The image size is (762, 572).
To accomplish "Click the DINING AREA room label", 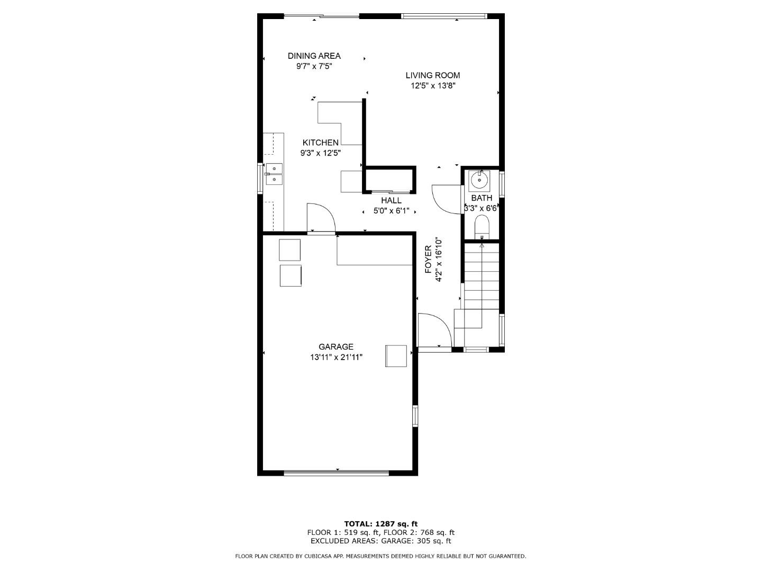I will pyautogui.click(x=314, y=56).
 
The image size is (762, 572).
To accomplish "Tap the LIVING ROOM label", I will pyautogui.click(x=432, y=75).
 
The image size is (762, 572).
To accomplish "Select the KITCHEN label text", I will pyautogui.click(x=320, y=142).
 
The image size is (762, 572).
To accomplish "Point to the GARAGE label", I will pyautogui.click(x=335, y=347).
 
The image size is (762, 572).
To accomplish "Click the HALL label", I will pyautogui.click(x=391, y=200).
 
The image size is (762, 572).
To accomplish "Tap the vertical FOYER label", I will pyautogui.click(x=429, y=260).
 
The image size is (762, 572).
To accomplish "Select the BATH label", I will pyautogui.click(x=481, y=198).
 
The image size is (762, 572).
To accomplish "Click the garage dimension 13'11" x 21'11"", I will pyautogui.click(x=335, y=358).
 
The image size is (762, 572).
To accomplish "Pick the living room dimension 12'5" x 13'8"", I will pyautogui.click(x=432, y=86).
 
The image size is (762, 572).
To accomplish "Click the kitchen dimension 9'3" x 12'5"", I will pyautogui.click(x=320, y=153).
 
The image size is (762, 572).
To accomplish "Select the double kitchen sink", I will pyautogui.click(x=274, y=174).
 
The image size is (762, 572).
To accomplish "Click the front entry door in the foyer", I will pyautogui.click(x=434, y=331).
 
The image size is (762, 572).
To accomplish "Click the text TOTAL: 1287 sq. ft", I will pyautogui.click(x=380, y=524).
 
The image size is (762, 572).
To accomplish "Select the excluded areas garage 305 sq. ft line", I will pyautogui.click(x=380, y=541).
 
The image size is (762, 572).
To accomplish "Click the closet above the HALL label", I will pyautogui.click(x=389, y=180).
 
